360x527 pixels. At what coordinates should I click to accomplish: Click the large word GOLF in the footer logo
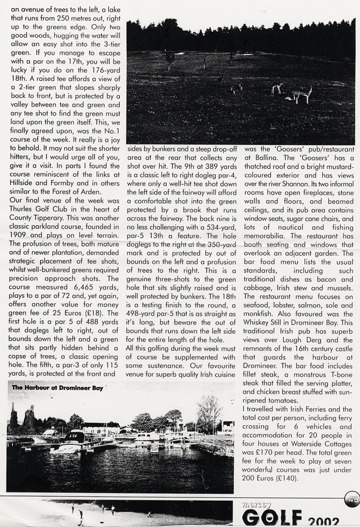point(272,517)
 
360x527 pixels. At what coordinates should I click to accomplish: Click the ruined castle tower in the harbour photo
point(13,419)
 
